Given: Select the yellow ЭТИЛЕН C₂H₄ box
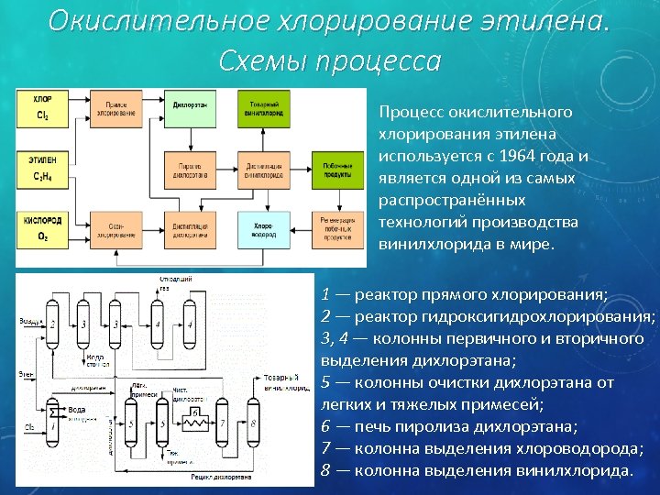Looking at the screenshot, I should click(x=42, y=169).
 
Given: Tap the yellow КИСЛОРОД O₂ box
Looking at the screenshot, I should click(x=42, y=228).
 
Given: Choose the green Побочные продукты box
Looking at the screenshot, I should click(x=337, y=169).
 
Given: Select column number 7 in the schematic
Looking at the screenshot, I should click(x=225, y=423).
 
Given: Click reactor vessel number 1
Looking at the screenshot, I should click(x=53, y=427).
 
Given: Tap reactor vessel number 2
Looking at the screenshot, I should click(x=53, y=326).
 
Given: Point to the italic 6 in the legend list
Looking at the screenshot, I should click(x=326, y=426).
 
